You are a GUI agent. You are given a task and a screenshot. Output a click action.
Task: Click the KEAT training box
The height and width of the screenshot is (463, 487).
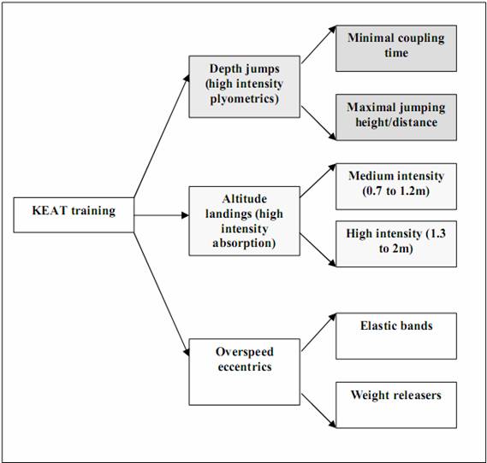(x=74, y=215)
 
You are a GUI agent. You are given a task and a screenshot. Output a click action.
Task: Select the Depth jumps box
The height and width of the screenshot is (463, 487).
(x=245, y=87)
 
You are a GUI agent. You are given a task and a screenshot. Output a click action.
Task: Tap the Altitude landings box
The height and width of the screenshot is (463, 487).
(x=245, y=221)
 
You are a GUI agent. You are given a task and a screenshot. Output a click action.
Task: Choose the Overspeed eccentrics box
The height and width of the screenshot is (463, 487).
(x=245, y=372)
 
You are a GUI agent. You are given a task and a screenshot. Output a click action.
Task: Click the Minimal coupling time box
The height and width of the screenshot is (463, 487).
(x=396, y=49)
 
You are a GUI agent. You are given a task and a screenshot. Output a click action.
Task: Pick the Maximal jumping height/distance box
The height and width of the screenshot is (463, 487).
(x=396, y=117)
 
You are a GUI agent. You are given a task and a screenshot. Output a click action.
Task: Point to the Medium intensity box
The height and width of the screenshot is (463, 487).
(x=396, y=186)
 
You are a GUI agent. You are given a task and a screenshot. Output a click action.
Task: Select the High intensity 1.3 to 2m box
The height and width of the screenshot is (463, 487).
(x=396, y=244)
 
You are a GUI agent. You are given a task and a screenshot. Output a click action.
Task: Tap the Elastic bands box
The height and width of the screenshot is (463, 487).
(x=396, y=337)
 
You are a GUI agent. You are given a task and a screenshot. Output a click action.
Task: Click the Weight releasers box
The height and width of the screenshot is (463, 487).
(x=396, y=405)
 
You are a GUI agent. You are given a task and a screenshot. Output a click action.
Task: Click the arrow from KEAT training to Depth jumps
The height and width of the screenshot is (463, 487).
(x=162, y=136)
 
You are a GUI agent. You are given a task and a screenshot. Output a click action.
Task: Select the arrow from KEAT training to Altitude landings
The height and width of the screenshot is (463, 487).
(x=162, y=215)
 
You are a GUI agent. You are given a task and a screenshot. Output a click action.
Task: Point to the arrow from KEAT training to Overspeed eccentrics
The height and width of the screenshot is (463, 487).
(x=162, y=295)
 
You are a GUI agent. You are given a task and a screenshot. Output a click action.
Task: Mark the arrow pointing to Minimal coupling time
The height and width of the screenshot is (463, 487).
(x=318, y=44)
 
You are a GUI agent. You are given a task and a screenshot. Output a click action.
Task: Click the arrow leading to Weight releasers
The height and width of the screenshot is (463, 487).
(x=318, y=411)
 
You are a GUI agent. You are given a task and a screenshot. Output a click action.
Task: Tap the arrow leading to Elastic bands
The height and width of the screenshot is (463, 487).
(x=318, y=332)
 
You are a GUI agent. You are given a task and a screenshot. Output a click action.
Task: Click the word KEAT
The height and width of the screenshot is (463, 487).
(x=50, y=211)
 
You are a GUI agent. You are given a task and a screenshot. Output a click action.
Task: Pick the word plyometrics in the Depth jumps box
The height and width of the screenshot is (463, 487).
(x=245, y=99)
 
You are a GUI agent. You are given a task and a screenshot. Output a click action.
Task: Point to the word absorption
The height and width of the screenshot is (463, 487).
(x=245, y=243)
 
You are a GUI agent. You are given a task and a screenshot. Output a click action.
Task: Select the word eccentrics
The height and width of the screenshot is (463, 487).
(x=245, y=367)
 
